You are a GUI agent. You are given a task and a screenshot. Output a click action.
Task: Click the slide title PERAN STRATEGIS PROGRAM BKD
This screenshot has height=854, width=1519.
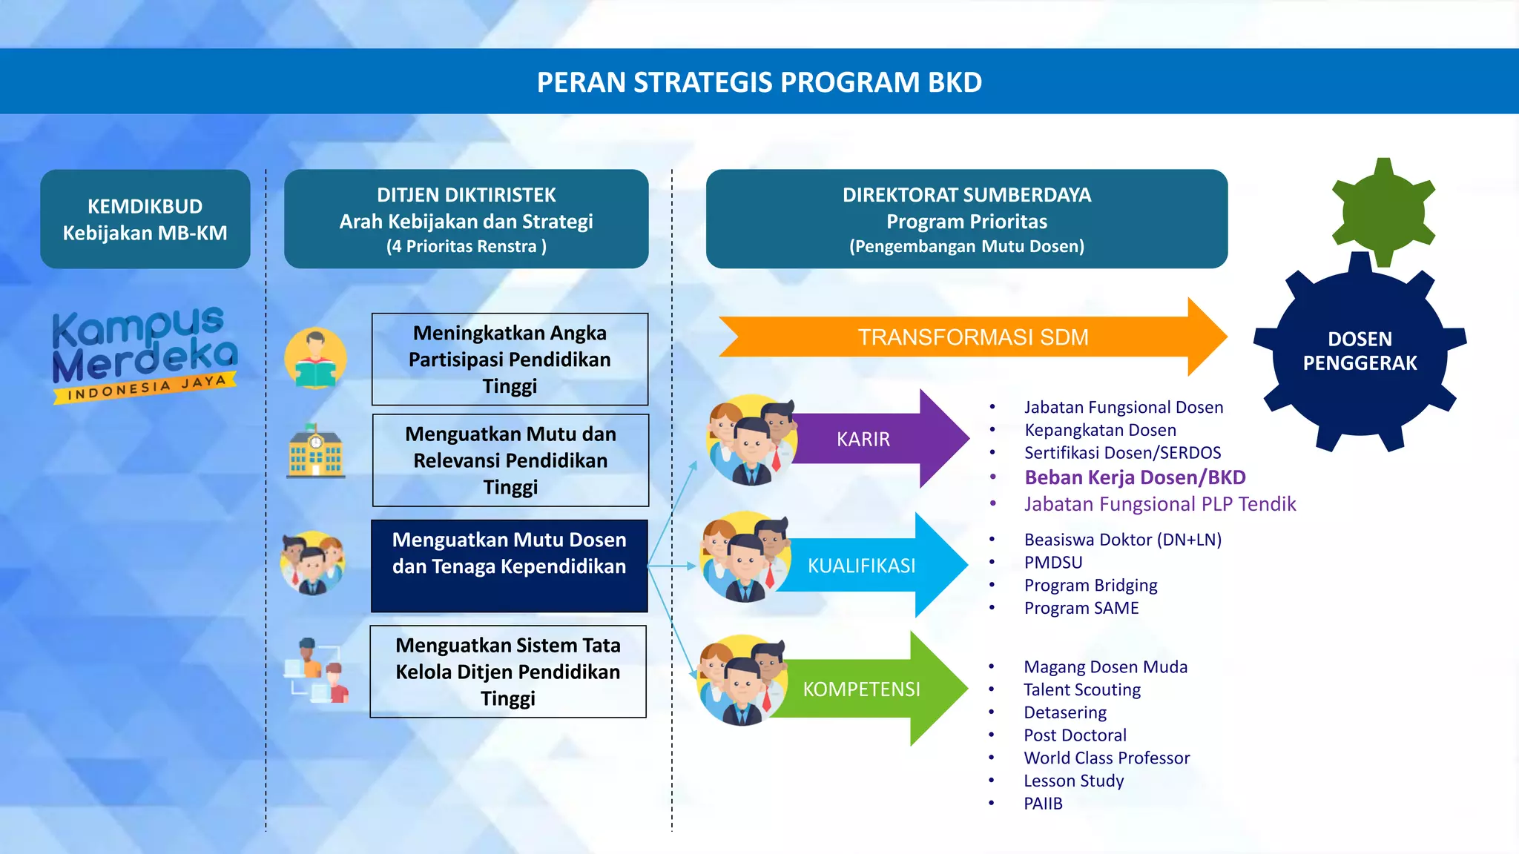click(x=759, y=82)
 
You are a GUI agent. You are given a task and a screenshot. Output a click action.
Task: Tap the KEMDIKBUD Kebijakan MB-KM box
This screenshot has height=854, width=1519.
click(x=145, y=219)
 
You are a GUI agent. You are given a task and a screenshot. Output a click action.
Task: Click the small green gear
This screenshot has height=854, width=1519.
click(x=1383, y=212)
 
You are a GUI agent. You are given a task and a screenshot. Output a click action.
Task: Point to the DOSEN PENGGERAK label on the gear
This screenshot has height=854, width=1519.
click(x=1360, y=351)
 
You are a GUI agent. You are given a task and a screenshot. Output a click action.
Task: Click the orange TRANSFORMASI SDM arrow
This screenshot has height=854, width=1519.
click(x=972, y=337)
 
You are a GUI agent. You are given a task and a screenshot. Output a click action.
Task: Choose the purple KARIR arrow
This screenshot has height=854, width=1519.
click(x=875, y=439)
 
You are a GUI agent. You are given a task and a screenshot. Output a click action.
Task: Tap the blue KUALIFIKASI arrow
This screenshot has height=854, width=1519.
click(x=868, y=566)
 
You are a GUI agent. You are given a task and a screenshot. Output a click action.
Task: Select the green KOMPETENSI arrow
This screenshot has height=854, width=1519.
click(x=868, y=689)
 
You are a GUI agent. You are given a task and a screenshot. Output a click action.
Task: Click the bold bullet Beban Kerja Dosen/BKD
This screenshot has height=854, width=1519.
click(x=1135, y=477)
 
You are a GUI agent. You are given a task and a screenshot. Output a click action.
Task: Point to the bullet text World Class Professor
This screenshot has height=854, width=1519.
click(x=1107, y=758)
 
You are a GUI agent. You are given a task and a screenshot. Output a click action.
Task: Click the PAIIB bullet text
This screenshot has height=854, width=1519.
click(x=1043, y=804)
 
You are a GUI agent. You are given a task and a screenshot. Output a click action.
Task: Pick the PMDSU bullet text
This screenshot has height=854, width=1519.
click(x=1053, y=563)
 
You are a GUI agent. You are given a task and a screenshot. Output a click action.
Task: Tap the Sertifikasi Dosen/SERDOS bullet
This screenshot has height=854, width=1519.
click(x=1122, y=453)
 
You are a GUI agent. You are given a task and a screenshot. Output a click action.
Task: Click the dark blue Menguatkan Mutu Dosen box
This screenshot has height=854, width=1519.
click(x=510, y=566)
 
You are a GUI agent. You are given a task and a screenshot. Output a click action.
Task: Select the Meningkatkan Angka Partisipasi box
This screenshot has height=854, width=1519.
click(x=510, y=360)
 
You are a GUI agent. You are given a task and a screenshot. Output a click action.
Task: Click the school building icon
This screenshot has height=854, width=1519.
click(x=315, y=451)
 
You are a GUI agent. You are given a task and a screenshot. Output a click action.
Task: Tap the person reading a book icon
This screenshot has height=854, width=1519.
click(x=315, y=359)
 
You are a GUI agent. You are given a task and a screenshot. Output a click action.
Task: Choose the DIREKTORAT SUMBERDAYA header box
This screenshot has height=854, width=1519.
click(x=966, y=219)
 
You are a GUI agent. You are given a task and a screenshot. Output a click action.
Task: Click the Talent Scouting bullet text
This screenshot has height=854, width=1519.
click(x=1082, y=690)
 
